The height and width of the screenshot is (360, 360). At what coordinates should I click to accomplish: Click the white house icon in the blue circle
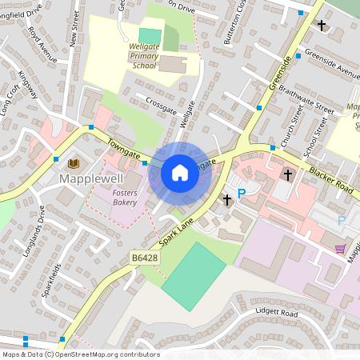[x=180, y=172]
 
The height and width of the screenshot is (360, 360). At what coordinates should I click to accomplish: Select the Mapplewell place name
[x=90, y=179]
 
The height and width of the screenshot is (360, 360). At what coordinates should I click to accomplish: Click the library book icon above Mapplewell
[x=74, y=163]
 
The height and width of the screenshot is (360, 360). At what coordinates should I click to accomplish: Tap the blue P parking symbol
[x=241, y=193]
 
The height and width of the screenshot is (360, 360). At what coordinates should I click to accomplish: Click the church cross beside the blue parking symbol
[x=226, y=199]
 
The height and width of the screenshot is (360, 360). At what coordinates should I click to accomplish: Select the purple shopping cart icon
[x=340, y=249]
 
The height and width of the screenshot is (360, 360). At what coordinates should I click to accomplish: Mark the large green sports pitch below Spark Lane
[x=193, y=274]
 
